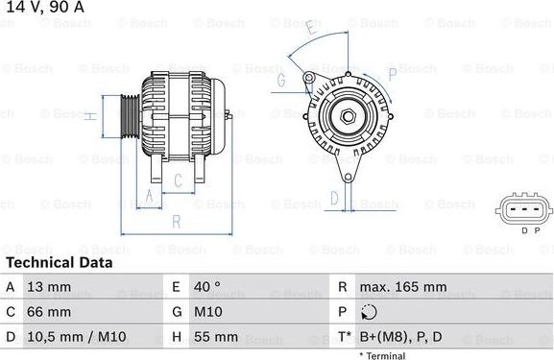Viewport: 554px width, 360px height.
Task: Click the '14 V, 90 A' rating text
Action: pos(44,9)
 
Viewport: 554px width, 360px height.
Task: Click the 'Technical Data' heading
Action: pos(59,262)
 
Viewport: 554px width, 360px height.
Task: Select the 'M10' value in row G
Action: pos(210,312)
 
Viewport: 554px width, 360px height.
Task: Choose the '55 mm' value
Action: pos(218,337)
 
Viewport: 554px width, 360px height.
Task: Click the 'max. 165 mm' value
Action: pos(402,287)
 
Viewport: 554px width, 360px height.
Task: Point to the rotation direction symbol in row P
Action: pos(370,312)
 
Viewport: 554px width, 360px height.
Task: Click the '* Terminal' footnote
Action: pos(382,355)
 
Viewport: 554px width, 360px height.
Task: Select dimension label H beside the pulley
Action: pos(88,117)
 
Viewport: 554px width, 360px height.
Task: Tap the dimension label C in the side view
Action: pos(178,180)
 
